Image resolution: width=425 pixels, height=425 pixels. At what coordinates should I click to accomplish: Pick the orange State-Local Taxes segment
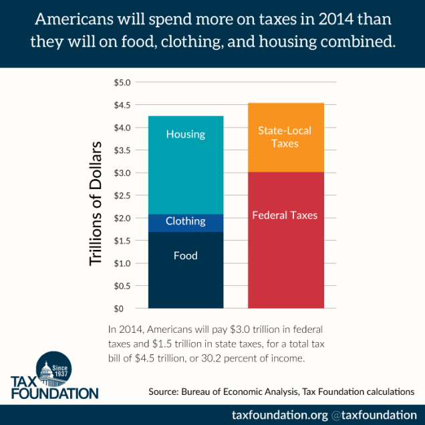click(285, 138)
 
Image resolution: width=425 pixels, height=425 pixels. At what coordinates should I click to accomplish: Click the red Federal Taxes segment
click(285, 240)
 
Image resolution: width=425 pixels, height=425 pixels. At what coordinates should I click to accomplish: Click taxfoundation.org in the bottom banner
click(280, 414)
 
